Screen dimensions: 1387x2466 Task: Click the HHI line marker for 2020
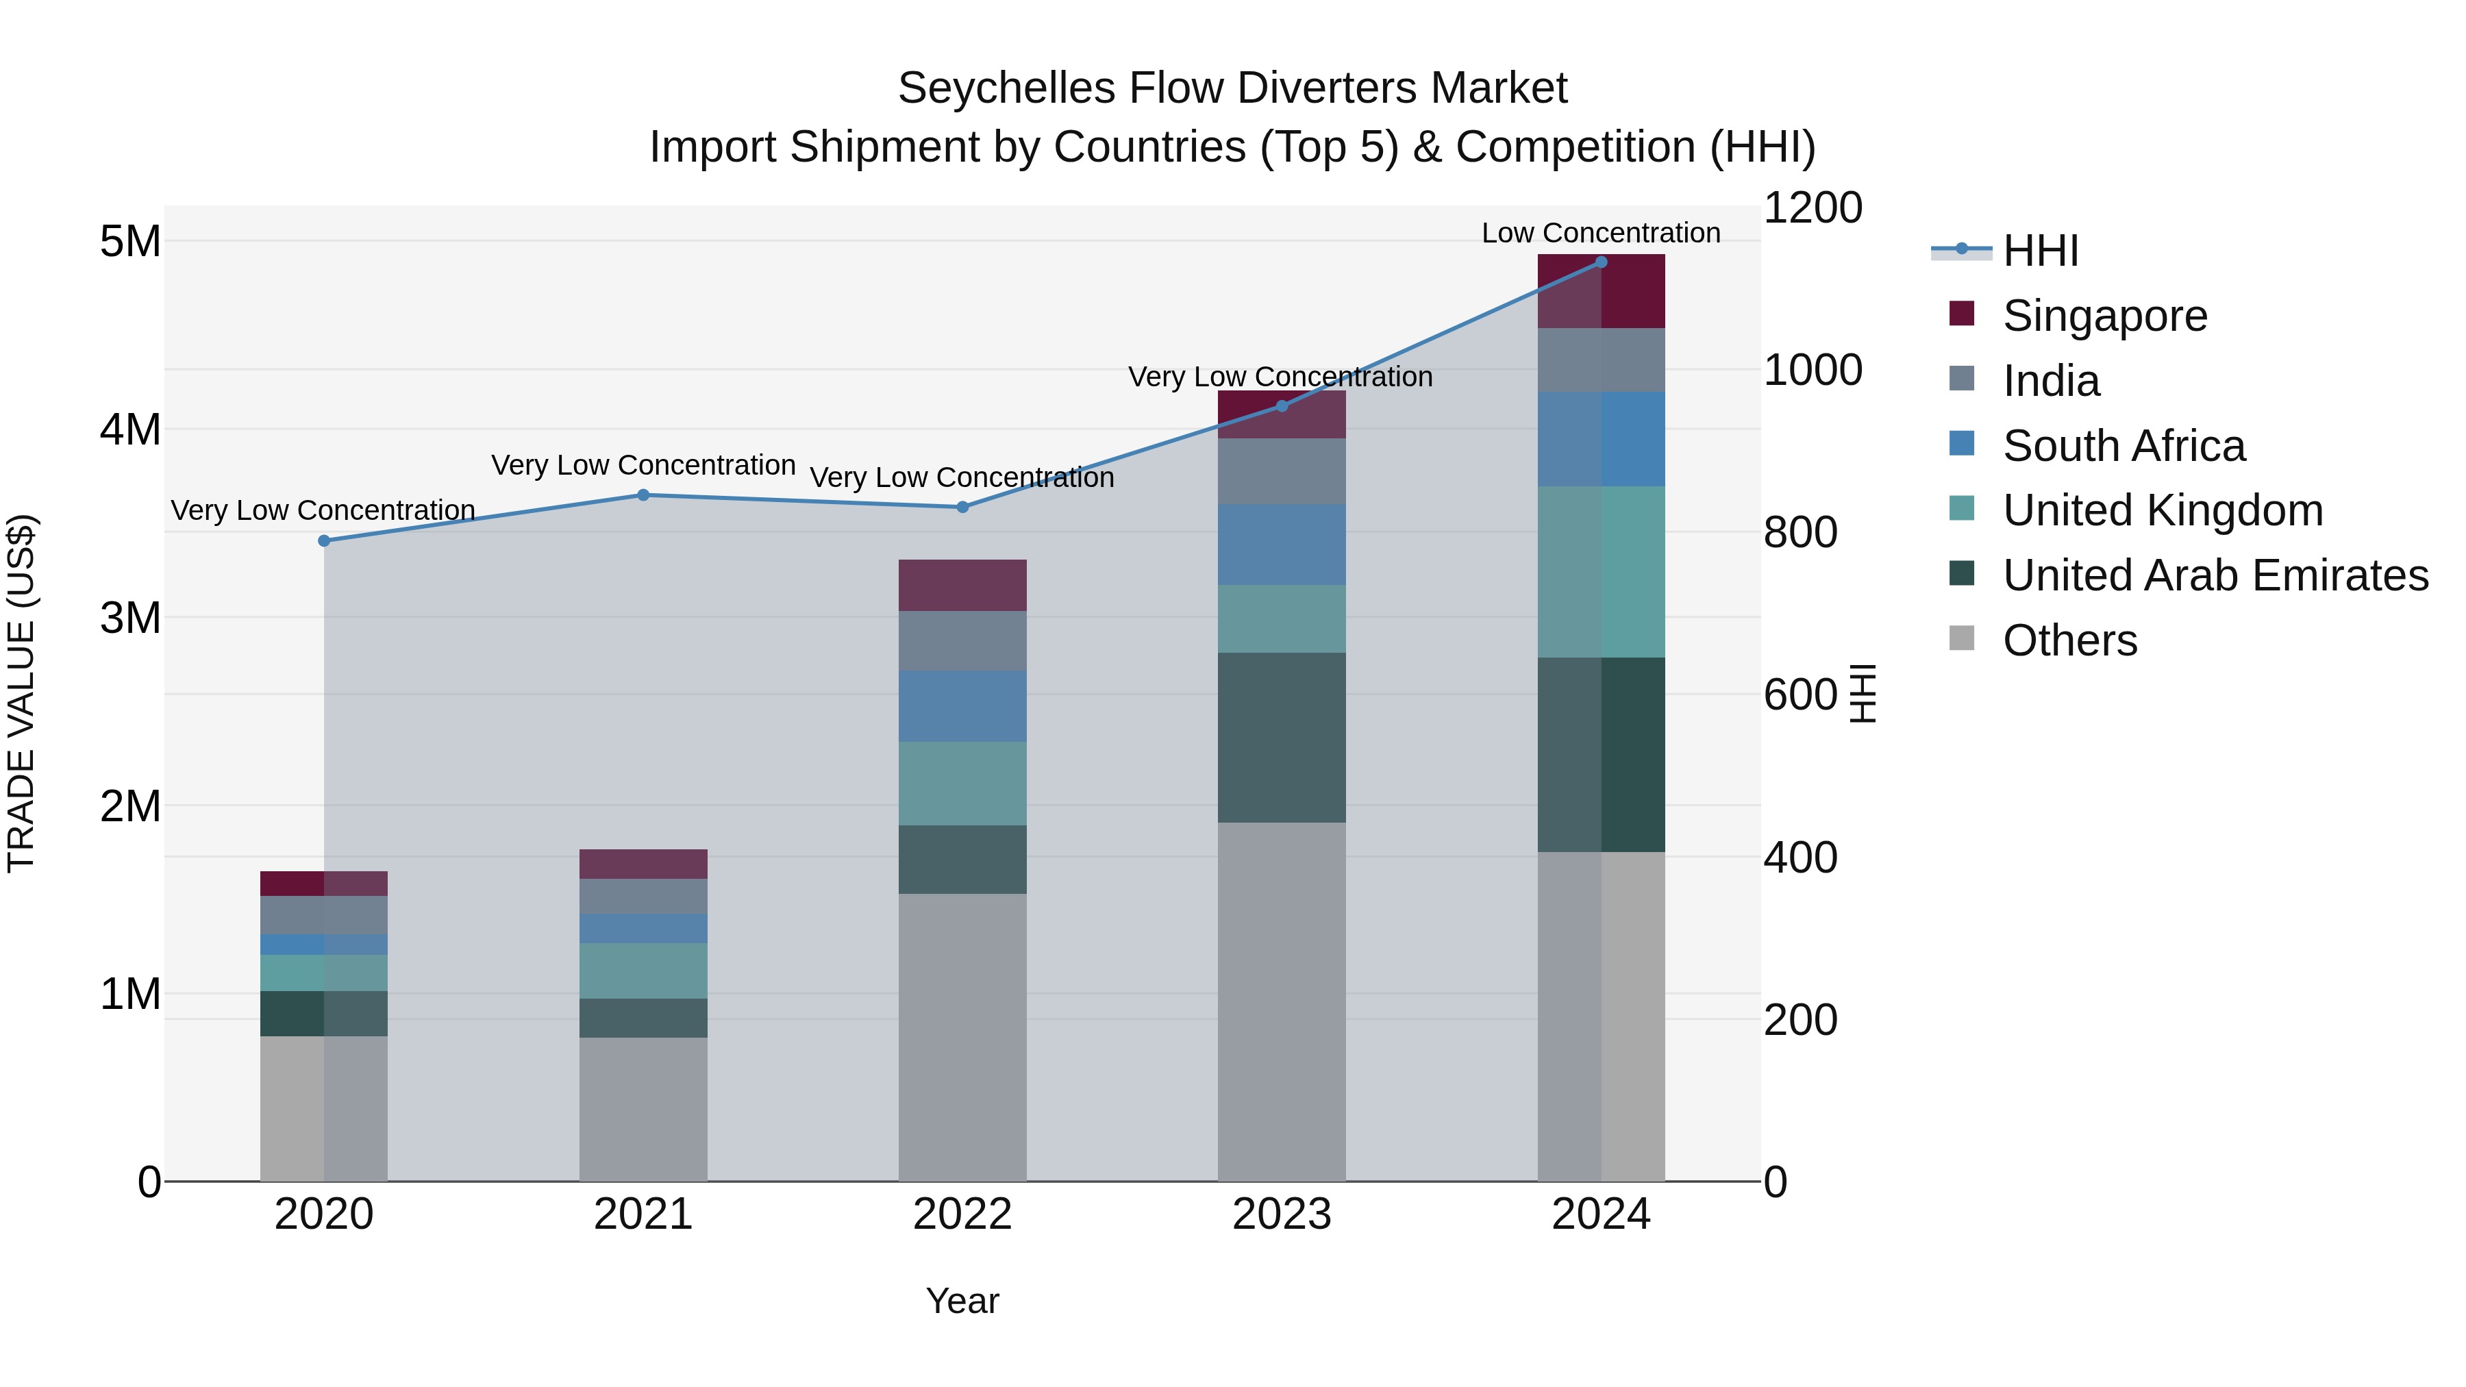pyautogui.click(x=323, y=541)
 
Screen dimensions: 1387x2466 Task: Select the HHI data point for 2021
pyautogui.click(x=643, y=495)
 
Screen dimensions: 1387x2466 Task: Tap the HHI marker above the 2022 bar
pyautogui.click(x=963, y=508)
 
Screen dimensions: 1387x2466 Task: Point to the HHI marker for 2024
pyautogui.click(x=1601, y=262)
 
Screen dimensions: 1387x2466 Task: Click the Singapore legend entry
pyautogui.click(x=2104, y=316)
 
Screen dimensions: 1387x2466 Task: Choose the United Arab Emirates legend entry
pyautogui.click(x=2215, y=575)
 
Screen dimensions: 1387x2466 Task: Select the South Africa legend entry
pyautogui.click(x=2123, y=446)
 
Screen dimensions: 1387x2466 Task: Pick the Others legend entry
pyautogui.click(x=2069, y=640)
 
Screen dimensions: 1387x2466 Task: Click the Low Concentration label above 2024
pyautogui.click(x=1601, y=233)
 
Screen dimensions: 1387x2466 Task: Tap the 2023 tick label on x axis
pyautogui.click(x=1281, y=1214)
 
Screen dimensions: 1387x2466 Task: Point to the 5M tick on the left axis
pyautogui.click(x=130, y=241)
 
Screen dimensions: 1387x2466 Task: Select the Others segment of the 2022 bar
pyautogui.click(x=962, y=1037)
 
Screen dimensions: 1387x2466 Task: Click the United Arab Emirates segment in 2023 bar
pyautogui.click(x=1281, y=737)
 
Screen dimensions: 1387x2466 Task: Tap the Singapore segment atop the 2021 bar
pyautogui.click(x=643, y=864)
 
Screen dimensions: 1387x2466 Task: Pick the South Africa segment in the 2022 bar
pyautogui.click(x=962, y=705)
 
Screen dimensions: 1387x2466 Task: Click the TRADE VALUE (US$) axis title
pyautogui.click(x=21, y=693)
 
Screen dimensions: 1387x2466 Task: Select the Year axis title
pyautogui.click(x=962, y=1301)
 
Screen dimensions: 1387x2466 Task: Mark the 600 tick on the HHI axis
pyautogui.click(x=1799, y=695)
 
